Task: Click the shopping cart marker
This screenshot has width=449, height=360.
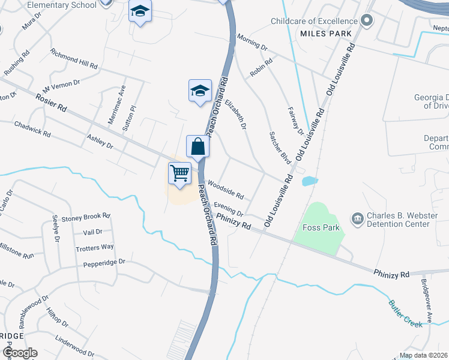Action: point(179,173)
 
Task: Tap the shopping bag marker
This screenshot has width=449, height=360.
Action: point(197,146)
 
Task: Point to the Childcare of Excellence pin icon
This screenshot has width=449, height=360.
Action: point(368,21)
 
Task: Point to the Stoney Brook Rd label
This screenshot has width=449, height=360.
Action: point(86,217)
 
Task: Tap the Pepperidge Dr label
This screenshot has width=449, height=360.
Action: point(104,262)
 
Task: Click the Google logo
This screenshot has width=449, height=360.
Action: point(19,353)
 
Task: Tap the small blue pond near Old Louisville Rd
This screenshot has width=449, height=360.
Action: point(310,181)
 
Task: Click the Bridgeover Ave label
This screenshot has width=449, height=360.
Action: point(426,294)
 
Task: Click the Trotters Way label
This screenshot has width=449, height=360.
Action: point(95,247)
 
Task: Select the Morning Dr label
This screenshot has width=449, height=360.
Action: point(252,42)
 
